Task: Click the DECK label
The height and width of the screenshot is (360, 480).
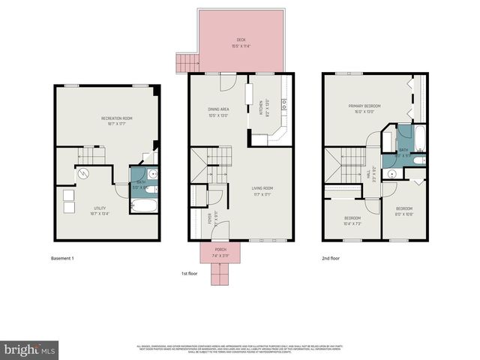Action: coord(241,40)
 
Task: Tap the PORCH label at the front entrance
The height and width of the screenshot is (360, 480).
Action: coord(220,249)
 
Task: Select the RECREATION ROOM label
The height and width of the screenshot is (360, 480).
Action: coord(117,118)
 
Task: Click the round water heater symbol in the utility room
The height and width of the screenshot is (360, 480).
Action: coord(83,175)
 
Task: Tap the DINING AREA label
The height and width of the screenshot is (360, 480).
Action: coord(219,110)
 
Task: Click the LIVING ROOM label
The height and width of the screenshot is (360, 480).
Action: coord(261,188)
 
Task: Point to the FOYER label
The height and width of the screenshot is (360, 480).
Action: coord(210,219)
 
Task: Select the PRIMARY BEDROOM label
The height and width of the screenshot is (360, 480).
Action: coord(364,106)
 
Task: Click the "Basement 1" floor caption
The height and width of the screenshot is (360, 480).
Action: coord(62,259)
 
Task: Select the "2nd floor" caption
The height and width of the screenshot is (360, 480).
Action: coord(331,259)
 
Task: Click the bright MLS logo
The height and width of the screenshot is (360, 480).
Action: coord(29,349)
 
